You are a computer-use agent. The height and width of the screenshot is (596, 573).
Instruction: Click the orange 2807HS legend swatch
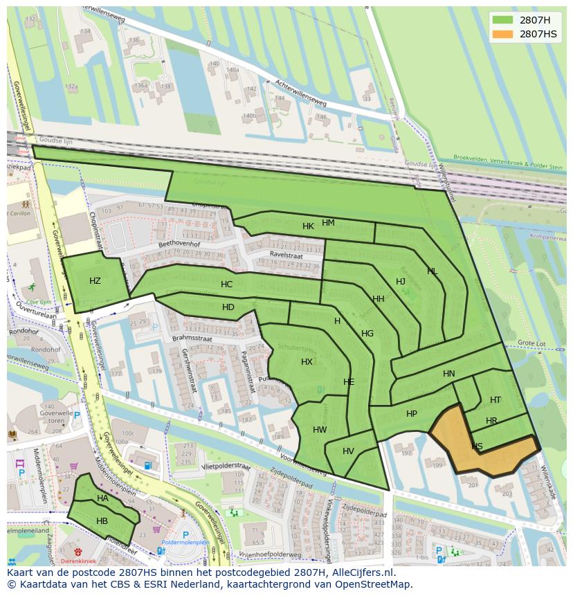503,34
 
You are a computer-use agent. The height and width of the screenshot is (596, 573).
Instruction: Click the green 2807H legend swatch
503,20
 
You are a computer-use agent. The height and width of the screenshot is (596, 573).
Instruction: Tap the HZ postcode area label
95,280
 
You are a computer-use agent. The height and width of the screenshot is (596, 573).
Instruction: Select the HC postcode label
226,285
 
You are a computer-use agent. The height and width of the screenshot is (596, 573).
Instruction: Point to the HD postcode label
228,307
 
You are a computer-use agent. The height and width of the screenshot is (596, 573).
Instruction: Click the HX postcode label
307,362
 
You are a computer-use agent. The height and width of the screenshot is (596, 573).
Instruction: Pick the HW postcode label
320,429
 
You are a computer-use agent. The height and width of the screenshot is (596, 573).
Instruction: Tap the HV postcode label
348,451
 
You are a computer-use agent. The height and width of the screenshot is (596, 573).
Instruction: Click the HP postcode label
412,414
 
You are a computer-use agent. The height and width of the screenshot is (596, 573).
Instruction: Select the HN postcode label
449,374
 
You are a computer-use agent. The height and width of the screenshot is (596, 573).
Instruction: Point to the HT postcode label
495,400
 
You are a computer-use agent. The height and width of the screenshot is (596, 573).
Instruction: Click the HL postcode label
433,271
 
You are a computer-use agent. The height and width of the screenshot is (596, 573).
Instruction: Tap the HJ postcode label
401,281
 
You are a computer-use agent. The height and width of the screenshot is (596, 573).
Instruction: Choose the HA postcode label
102,498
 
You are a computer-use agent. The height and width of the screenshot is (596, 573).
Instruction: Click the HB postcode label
102,521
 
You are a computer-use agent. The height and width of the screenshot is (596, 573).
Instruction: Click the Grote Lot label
532,343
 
